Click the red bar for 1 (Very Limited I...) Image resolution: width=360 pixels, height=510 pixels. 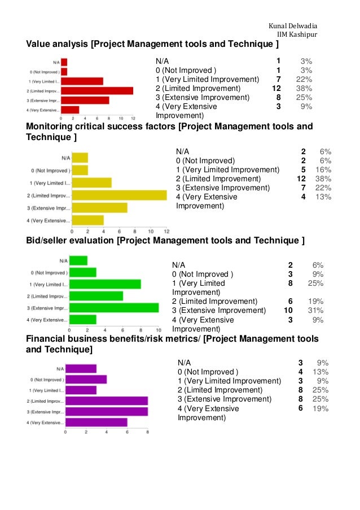coord(82,81)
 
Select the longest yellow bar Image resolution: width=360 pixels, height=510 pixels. coord(119,195)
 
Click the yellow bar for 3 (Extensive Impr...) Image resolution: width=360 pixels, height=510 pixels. coord(99,208)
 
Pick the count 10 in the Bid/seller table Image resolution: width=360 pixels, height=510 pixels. coord(288,310)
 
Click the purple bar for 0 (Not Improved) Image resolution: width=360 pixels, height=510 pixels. coord(86,380)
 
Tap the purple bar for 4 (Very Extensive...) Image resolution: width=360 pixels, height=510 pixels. coord(96,422)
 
